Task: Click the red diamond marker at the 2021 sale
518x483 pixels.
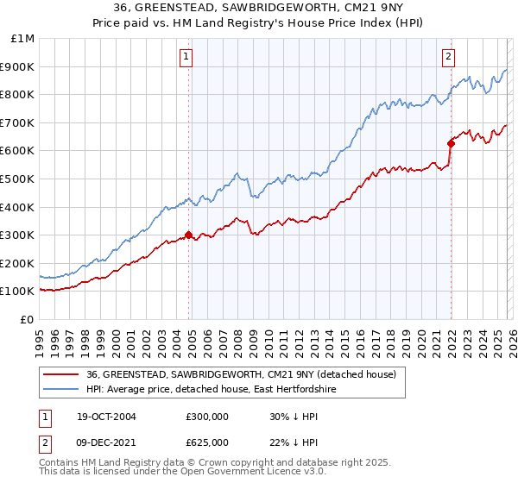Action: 451,143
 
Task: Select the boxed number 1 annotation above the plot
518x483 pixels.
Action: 186,58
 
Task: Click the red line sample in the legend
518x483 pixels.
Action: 61,374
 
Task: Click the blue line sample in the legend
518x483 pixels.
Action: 61,390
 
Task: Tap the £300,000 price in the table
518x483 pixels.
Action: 206,416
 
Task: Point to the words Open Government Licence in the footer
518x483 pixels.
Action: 233,474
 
